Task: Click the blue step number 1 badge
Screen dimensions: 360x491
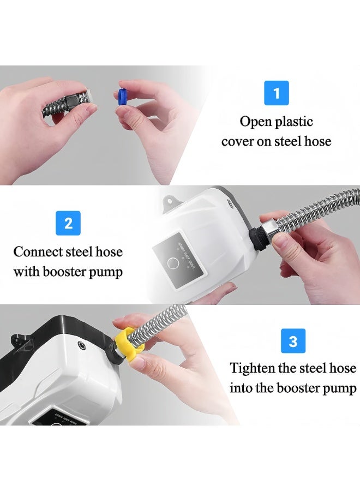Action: [277, 93]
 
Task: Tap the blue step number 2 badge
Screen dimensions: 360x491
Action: [68, 223]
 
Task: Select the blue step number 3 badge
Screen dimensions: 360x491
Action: [293, 340]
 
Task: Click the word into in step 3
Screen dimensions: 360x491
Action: [241, 388]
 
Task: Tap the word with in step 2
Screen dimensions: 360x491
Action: [26, 272]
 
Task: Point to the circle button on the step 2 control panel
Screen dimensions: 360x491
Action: [172, 263]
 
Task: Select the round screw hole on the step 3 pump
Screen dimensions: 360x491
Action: [82, 345]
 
